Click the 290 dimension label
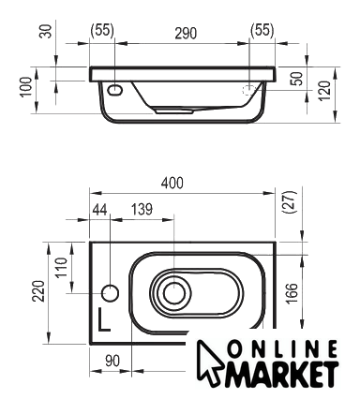186,34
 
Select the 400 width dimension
172,183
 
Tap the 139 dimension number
142,210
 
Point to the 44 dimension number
99,210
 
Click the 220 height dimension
39,291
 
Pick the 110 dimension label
62,267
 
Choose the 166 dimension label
292,293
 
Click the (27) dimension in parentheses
289,202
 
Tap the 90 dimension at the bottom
112,362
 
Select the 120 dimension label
324,91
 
